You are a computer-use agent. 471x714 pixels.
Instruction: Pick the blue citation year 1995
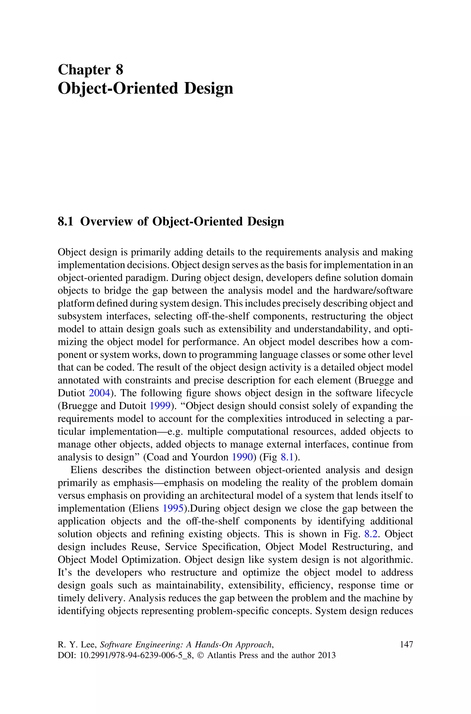coord(173,508)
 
